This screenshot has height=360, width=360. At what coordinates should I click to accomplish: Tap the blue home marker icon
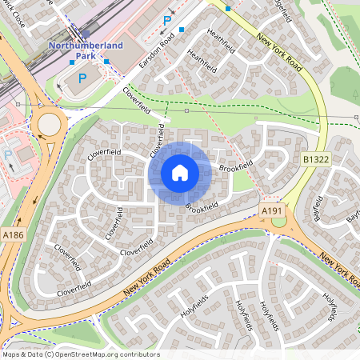(180, 173)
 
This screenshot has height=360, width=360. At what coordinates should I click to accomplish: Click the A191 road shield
(272, 210)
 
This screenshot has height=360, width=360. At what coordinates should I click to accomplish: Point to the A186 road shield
(12, 235)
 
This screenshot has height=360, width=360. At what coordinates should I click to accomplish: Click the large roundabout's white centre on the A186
(50, 124)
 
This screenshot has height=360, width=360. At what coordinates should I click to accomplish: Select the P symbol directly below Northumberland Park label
(82, 78)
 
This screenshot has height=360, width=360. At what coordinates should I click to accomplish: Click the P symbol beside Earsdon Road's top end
(166, 21)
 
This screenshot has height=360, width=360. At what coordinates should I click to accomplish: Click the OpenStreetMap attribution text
(80, 354)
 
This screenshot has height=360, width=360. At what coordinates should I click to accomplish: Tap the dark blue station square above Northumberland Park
(86, 34)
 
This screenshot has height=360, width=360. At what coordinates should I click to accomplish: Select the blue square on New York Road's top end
(229, 8)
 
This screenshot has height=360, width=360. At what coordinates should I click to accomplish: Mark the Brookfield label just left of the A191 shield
(202, 206)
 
